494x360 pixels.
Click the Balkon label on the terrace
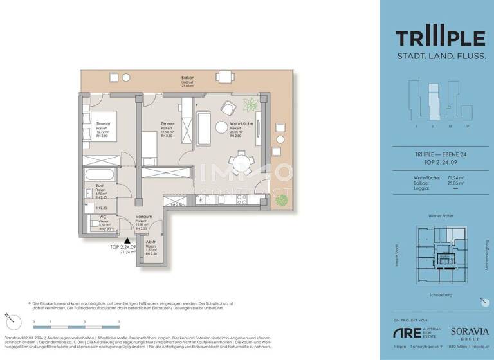pyautogui.click(x=188, y=78)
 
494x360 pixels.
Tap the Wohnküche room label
pyautogui.click(x=240, y=124)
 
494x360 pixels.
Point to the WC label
pyautogui.click(x=102, y=217)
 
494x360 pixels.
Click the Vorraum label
pyautogui.click(x=143, y=217)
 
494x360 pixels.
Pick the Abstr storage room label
pyautogui.click(x=151, y=242)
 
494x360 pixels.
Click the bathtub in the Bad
pyautogui.click(x=98, y=174)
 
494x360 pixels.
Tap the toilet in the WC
pyautogui.click(x=89, y=225)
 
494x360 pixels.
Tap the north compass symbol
pyautogui.click(x=7, y=316)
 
